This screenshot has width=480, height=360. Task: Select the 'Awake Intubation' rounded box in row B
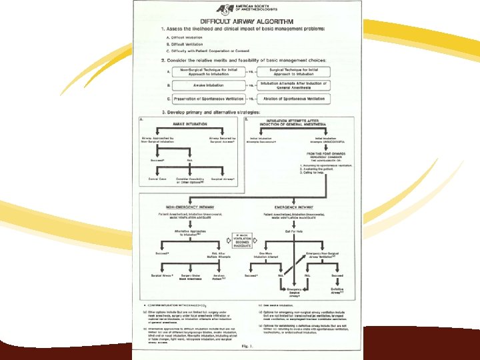point(205,85)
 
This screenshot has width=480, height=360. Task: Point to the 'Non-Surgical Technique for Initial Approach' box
point(205,71)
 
